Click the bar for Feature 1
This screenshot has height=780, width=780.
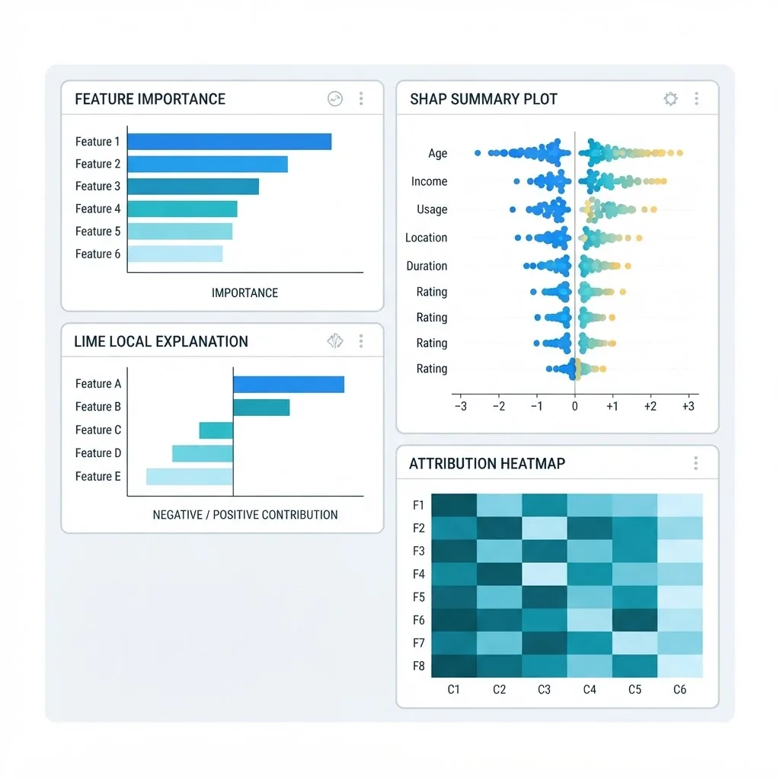[x=229, y=141]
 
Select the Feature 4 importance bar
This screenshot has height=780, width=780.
[x=183, y=209]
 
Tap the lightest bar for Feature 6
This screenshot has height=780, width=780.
[x=175, y=254]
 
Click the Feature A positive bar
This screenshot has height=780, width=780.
[x=289, y=385]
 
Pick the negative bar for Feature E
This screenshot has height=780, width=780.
[x=190, y=476]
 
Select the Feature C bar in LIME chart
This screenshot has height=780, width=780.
[x=216, y=430]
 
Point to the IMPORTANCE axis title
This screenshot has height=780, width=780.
[x=245, y=293]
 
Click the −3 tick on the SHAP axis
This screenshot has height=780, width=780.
[x=461, y=407]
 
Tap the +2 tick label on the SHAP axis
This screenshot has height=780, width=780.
[x=651, y=407]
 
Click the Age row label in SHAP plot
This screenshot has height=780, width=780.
[x=438, y=153]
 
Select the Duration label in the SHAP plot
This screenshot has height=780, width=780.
[x=427, y=266]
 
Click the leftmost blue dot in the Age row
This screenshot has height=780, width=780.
[x=478, y=153]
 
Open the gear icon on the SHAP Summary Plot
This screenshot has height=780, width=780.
[x=670, y=98]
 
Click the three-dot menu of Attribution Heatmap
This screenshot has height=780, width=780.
[x=696, y=464]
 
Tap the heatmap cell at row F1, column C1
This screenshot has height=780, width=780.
[x=454, y=506]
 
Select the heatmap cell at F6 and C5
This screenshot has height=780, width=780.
[x=635, y=620]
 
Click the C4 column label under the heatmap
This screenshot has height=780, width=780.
[x=590, y=689]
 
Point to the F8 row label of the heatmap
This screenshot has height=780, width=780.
[x=419, y=666]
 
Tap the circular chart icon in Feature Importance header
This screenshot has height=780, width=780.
[x=335, y=98]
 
